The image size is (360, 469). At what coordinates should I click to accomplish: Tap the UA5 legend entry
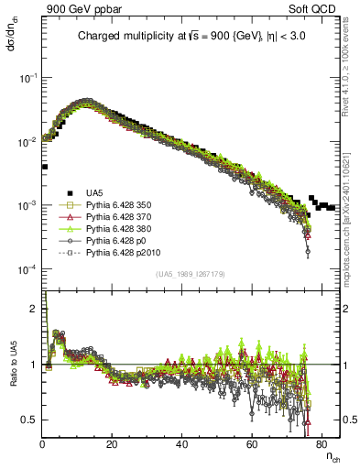pos(95,192)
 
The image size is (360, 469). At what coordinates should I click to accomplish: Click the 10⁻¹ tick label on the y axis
pos(29,77)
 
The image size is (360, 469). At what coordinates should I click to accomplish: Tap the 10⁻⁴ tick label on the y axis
pos(29,269)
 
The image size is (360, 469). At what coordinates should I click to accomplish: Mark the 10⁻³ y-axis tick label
pos(29,205)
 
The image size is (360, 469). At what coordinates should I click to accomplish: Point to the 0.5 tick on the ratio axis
pos(32,420)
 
